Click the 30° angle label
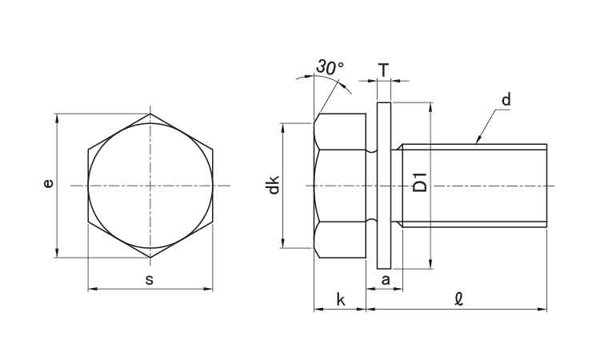click(328, 68)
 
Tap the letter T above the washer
click(383, 70)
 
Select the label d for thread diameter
click(506, 101)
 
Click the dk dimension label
click(274, 186)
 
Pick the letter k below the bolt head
click(340, 300)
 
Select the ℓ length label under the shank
click(458, 300)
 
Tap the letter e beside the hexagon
click(48, 184)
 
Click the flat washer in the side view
click(383, 186)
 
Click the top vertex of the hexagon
click(150, 114)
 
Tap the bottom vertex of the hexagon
click(150, 258)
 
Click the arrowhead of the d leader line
click(478, 141)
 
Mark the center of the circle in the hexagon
click(150, 186)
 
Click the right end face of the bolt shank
click(546, 186)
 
